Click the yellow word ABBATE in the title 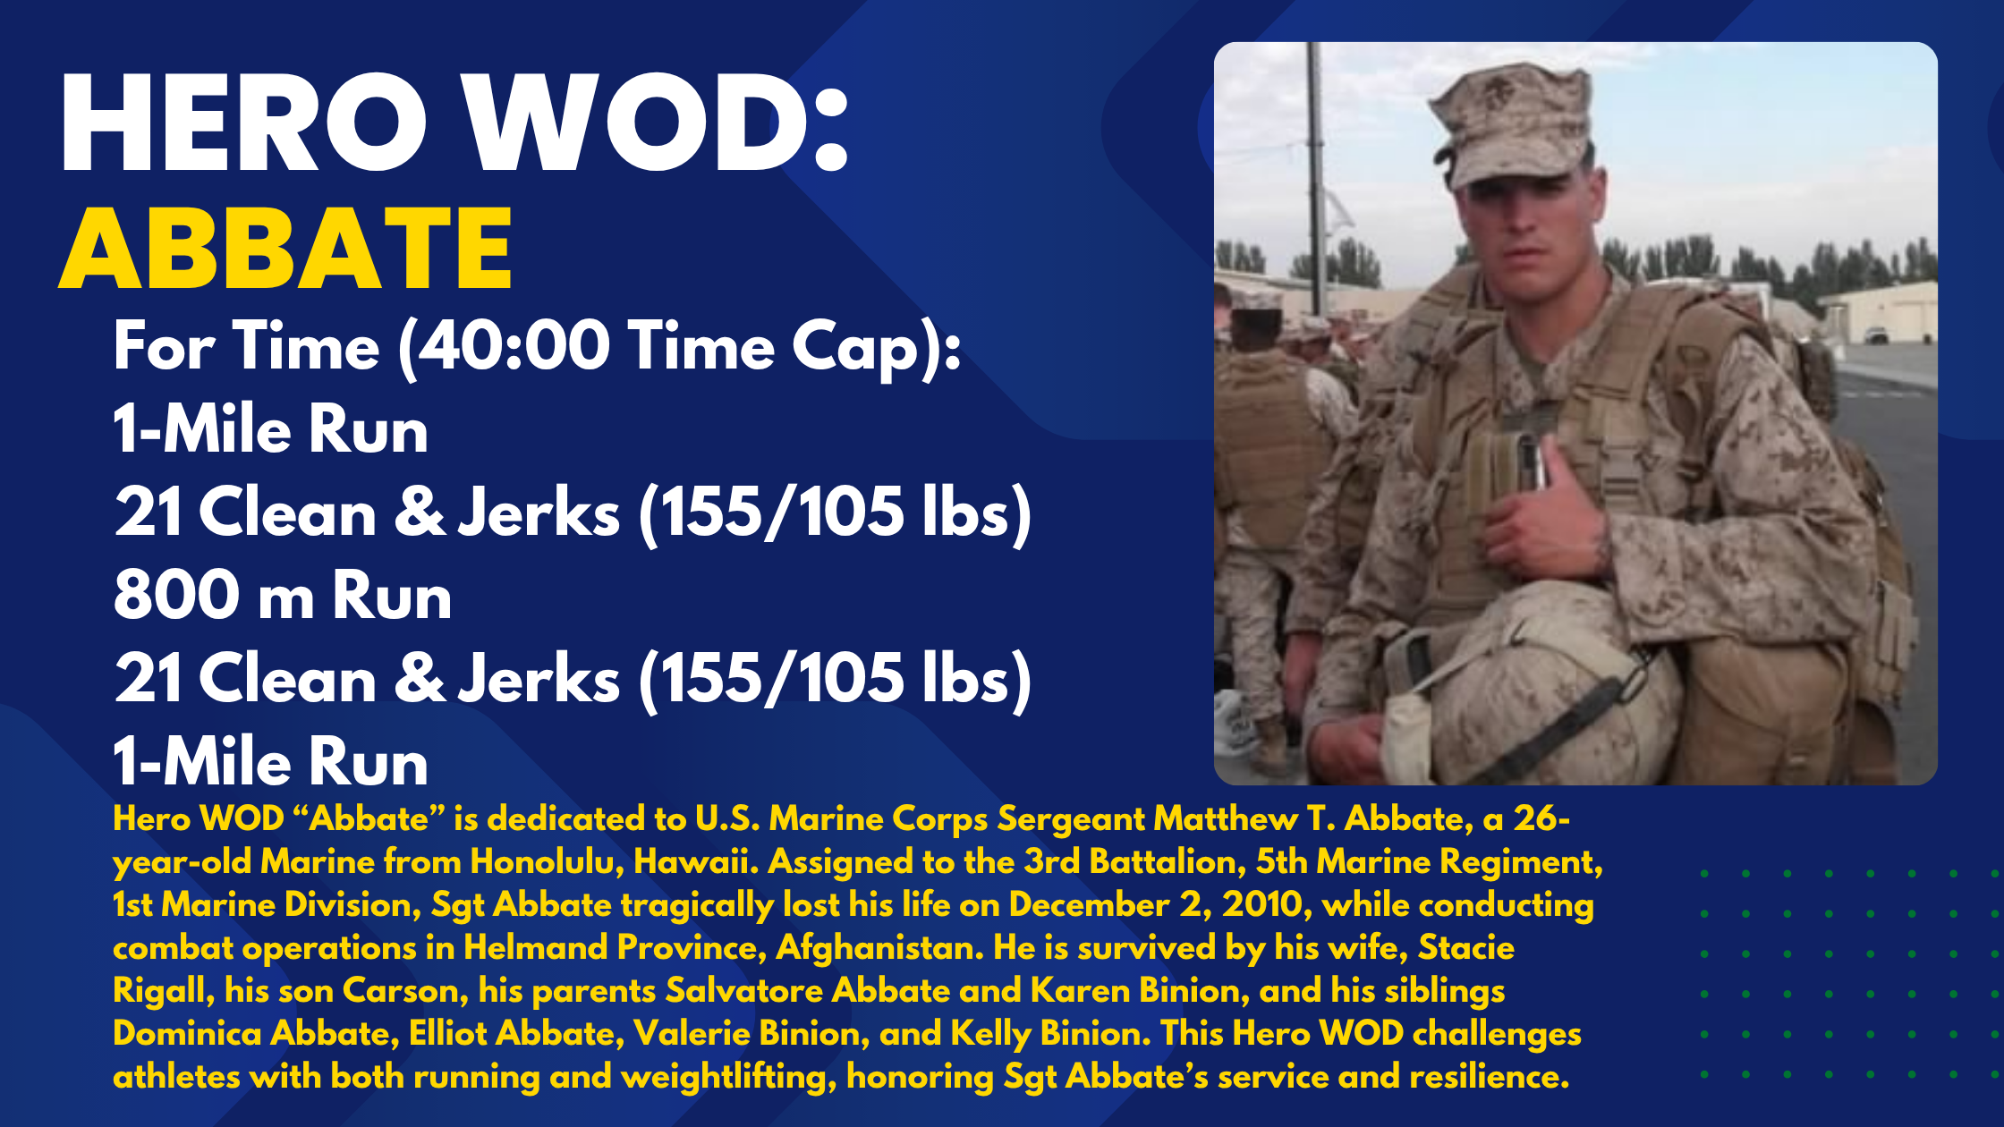[286, 249]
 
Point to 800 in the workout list [174, 596]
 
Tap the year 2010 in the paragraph [1266, 905]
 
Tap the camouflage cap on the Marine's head [1512, 125]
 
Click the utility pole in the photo [1315, 179]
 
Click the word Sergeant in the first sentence [1071, 819]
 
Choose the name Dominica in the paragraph [187, 1034]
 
